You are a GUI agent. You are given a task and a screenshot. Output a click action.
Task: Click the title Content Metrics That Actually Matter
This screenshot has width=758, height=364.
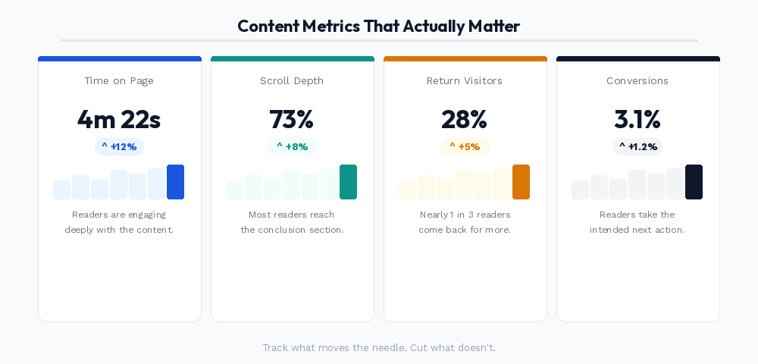click(x=378, y=26)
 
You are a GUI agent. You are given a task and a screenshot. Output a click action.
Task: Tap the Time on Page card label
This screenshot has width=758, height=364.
click(x=119, y=80)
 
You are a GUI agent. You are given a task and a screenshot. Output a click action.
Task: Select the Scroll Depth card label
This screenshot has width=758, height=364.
click(x=292, y=80)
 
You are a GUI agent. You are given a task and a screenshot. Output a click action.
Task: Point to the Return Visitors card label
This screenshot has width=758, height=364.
click(x=465, y=80)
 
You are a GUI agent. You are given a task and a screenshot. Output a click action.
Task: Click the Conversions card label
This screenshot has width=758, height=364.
click(x=637, y=80)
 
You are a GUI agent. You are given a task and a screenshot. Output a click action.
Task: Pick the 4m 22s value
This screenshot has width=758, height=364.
click(x=119, y=119)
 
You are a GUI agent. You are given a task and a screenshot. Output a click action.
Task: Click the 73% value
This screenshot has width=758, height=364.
click(x=292, y=119)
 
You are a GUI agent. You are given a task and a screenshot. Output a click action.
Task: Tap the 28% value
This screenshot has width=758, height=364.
click(x=465, y=119)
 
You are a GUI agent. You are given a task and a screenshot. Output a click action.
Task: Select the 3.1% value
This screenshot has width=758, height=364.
click(x=637, y=119)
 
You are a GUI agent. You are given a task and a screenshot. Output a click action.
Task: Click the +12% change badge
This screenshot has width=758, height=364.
click(x=119, y=146)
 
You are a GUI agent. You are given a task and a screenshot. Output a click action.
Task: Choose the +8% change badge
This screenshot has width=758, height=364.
click(x=292, y=146)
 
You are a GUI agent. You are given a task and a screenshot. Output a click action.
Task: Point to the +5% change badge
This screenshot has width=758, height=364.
click(x=465, y=146)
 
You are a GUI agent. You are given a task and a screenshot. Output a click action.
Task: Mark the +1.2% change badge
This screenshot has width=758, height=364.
click(x=637, y=146)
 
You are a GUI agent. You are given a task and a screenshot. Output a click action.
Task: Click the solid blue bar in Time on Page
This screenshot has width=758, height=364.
click(x=175, y=182)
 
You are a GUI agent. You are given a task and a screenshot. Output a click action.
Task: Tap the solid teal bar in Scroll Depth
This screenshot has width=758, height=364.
click(x=348, y=182)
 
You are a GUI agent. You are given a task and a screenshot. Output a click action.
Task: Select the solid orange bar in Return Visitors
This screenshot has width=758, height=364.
click(x=521, y=182)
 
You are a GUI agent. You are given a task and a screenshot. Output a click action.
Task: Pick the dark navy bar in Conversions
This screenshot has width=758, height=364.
click(x=694, y=182)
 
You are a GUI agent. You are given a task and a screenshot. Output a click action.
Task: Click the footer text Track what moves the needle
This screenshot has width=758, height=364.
click(x=378, y=347)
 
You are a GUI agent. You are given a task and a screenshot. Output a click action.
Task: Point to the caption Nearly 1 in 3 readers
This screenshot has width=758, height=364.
click(x=465, y=215)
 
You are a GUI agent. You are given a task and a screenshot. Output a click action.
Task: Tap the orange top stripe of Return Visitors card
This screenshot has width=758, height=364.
click(x=465, y=58)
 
